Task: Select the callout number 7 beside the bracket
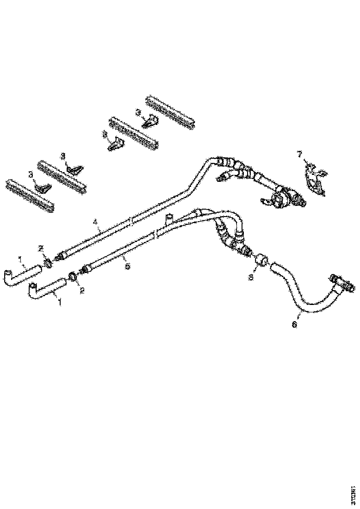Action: (x=299, y=153)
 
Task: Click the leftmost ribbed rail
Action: (x=29, y=195)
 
